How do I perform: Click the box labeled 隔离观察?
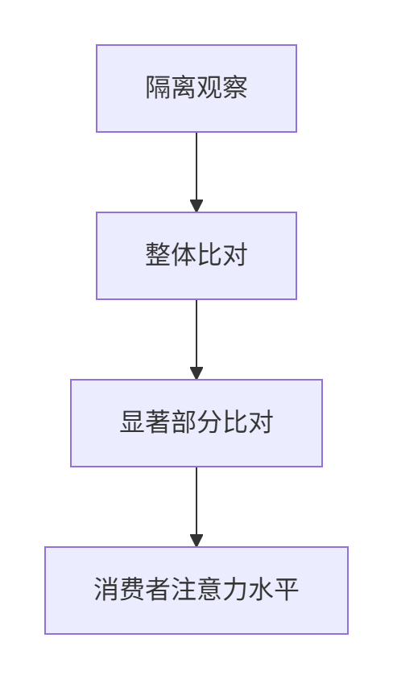point(196,88)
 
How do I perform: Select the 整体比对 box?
point(196,256)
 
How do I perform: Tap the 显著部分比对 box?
point(196,423)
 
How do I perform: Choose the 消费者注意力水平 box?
point(196,591)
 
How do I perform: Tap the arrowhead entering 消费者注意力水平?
point(196,541)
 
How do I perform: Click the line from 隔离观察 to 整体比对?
point(196,172)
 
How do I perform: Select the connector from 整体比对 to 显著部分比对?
point(196,339)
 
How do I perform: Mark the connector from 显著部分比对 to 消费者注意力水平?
point(196,507)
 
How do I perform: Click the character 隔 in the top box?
point(158,88)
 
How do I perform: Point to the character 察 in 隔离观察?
point(234,88)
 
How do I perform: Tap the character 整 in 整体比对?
point(158,255)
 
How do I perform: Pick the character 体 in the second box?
point(184,255)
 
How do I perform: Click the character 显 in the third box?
point(132,422)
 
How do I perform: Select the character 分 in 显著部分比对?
point(209,422)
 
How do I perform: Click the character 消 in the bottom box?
point(106,590)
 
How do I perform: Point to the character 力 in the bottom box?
point(234,590)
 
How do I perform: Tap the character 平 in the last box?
point(286,590)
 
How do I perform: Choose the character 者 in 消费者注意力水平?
point(158,590)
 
